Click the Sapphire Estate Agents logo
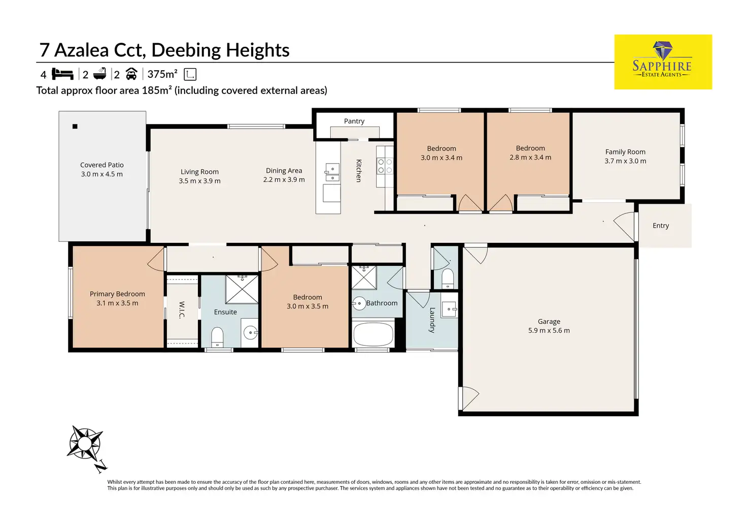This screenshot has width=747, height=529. [663, 62]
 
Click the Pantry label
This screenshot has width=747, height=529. [354, 121]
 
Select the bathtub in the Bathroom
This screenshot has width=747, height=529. [373, 334]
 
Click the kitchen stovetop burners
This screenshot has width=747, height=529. [385, 166]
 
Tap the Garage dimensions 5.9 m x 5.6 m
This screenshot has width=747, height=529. [549, 330]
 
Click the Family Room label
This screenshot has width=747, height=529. [625, 152]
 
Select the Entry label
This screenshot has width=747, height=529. [661, 226]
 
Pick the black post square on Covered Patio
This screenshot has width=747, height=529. [75, 126]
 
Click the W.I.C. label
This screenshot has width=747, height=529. [182, 310]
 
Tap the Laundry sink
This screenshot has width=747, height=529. [449, 309]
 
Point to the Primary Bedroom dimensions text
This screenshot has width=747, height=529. [117, 303]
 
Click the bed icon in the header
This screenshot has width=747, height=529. [62, 74]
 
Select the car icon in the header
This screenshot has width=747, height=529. [131, 74]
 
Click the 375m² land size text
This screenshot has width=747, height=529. [162, 74]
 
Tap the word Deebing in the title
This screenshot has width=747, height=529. [186, 50]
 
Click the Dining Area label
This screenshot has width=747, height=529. [284, 171]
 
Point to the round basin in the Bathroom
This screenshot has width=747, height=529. [359, 303]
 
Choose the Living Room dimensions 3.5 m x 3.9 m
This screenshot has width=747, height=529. [199, 181]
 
